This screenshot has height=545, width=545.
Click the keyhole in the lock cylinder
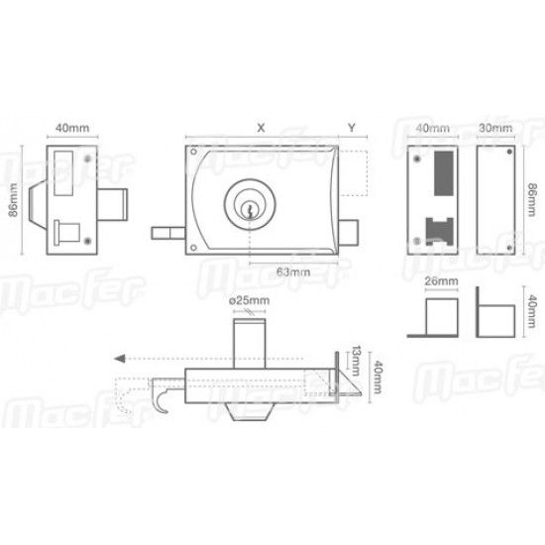click(x=249, y=210)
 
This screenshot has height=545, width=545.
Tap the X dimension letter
click(x=261, y=128)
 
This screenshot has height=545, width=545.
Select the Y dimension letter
click(x=352, y=128)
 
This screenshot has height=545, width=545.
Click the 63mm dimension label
click(x=293, y=272)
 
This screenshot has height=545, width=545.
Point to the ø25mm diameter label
click(x=249, y=300)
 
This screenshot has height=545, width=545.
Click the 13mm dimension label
click(x=355, y=361)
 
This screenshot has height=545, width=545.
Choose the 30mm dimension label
click(x=495, y=128)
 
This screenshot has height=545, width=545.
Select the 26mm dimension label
click(x=441, y=280)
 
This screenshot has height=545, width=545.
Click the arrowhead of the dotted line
click(x=120, y=359)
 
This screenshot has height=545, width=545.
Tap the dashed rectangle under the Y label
click(x=354, y=173)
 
